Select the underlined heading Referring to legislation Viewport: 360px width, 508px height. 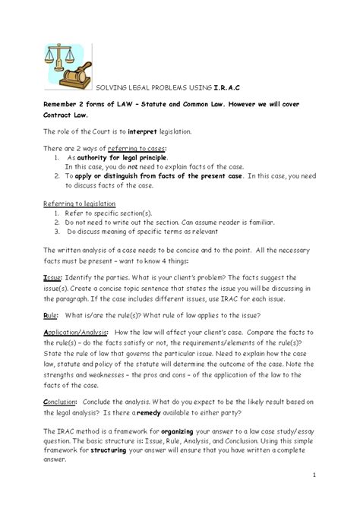point(79,204)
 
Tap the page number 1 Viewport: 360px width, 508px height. point(313,475)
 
